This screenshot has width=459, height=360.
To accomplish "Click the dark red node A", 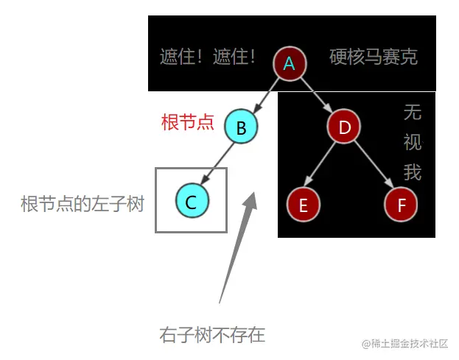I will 290,64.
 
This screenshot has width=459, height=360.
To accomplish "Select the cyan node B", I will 241,128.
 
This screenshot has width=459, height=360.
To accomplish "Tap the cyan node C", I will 192,202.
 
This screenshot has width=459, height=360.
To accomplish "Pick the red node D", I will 344,128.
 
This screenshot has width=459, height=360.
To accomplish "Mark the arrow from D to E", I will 323,166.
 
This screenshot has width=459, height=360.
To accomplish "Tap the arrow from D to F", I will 373,166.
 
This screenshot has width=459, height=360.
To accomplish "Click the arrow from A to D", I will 316,95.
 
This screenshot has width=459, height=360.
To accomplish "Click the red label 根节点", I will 187,122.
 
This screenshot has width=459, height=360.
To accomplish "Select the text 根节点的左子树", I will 82,204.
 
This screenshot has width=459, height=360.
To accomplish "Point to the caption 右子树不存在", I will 212,336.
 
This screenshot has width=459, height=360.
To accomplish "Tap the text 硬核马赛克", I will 374,57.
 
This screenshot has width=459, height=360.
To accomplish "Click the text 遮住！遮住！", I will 208,57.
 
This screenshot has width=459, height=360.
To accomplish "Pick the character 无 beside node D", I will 412,113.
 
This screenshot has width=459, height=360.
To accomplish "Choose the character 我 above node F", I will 412,172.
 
